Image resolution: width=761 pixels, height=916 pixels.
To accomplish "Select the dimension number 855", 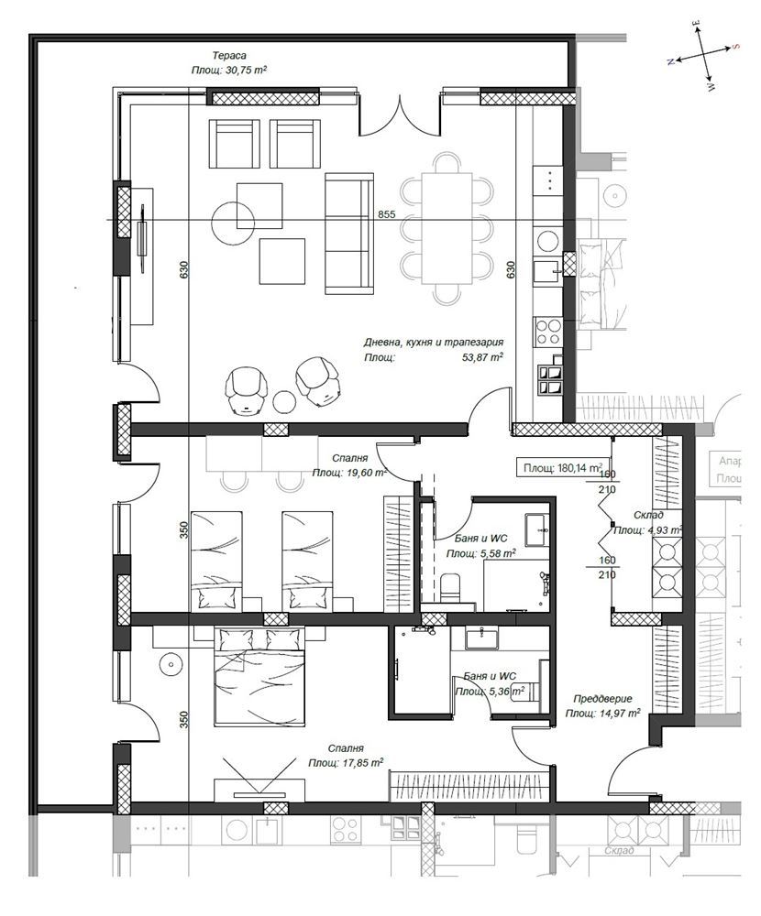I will [386, 214].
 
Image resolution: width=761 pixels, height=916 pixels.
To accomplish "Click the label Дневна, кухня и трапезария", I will [433, 343].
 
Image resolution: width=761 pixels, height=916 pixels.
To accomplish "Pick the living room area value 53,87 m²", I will [483, 358].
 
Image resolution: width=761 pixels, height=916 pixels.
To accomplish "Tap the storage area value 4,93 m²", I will [659, 529].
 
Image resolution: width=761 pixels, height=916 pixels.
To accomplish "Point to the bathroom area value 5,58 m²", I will [495, 554].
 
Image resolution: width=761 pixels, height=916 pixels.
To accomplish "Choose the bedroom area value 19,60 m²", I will [363, 473].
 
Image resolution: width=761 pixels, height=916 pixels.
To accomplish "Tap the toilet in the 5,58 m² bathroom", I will [450, 587].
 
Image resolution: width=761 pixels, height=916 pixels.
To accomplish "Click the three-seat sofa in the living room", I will [349, 234].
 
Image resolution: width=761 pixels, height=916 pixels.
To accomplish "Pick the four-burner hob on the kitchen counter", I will [549, 329].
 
